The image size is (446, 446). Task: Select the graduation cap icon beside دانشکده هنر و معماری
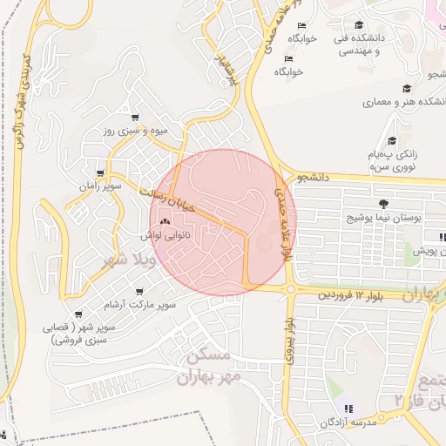coord(407,87)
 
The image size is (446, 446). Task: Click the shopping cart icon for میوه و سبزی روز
coord(135,117)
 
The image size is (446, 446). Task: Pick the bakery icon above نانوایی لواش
coord(165,221)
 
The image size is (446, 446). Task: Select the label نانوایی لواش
coord(164,235)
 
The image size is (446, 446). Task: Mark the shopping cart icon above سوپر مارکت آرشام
coord(139,292)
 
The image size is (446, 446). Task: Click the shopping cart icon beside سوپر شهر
coord(78,314)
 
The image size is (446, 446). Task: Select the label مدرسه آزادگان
coord(324,422)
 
